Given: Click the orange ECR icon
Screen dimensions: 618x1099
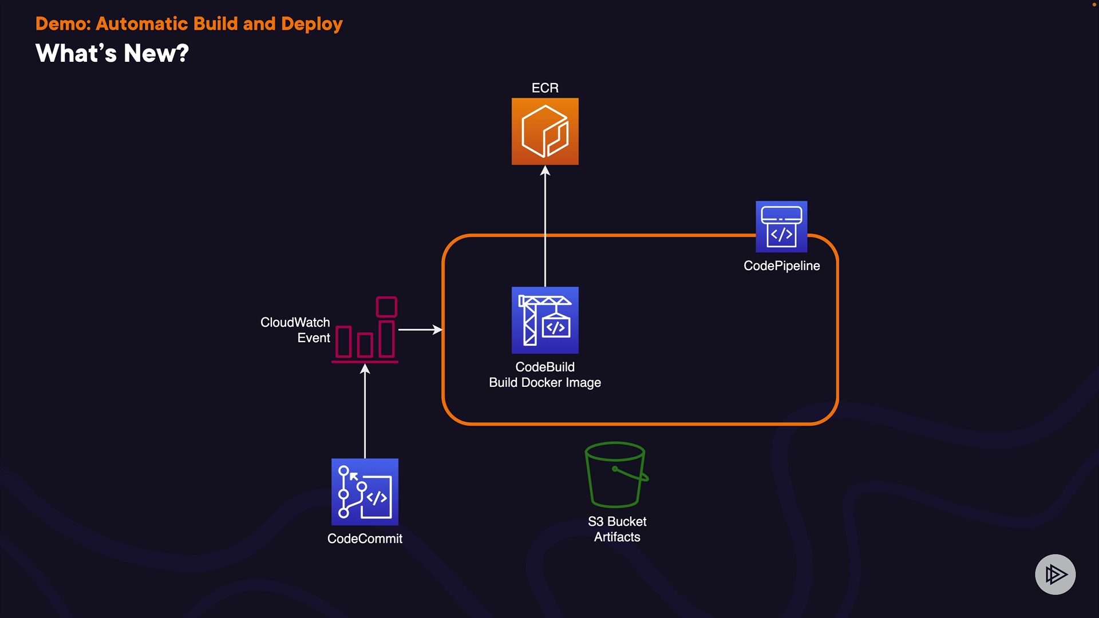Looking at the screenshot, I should click(545, 132).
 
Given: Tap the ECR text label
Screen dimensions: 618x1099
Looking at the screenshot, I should click(545, 88).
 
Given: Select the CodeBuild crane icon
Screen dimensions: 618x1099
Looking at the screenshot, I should click(545, 320).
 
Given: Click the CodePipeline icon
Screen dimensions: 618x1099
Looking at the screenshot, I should click(781, 227).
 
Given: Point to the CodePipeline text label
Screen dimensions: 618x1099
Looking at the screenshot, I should click(781, 266).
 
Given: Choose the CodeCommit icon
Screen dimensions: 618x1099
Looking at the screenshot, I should click(365, 492).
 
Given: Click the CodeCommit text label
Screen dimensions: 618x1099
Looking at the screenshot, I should click(365, 539).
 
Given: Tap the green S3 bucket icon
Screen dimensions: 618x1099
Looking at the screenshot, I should click(616, 474).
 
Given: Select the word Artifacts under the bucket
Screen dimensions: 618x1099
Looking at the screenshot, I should click(617, 537).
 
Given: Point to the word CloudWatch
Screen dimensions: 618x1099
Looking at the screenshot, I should click(295, 323).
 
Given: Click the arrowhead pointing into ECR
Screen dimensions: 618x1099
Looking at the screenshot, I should click(545, 171).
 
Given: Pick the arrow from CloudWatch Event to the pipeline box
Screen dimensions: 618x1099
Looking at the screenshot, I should click(420, 330).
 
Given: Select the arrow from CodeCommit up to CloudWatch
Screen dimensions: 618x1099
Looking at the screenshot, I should click(365, 412).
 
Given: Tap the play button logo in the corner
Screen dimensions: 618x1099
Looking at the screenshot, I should click(1055, 575).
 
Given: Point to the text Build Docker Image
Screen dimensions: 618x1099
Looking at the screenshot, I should click(545, 383).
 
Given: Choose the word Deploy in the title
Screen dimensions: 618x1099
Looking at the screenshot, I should click(312, 24).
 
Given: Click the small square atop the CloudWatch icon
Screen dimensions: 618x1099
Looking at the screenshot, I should click(386, 307).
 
